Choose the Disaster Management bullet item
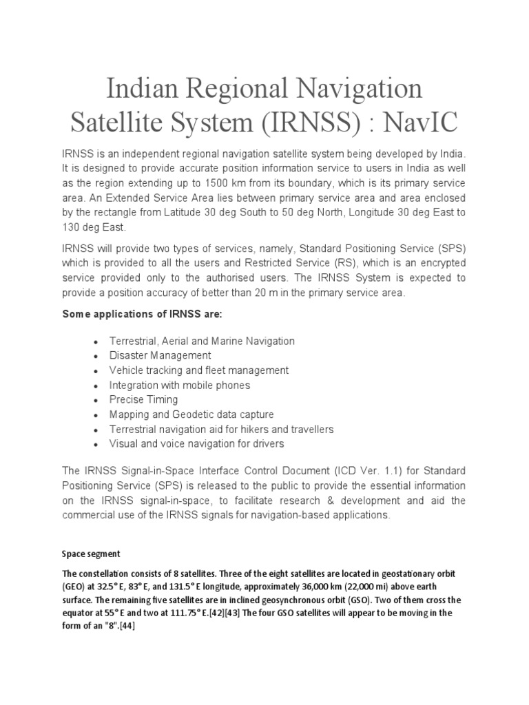click(x=160, y=356)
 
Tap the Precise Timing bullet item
click(x=143, y=400)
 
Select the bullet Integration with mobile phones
click(x=179, y=386)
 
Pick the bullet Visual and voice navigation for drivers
click(x=196, y=444)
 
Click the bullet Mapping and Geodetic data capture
click(x=191, y=414)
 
